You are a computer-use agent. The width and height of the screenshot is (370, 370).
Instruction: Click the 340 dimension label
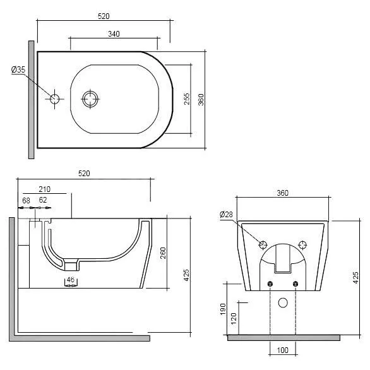click(x=114, y=33)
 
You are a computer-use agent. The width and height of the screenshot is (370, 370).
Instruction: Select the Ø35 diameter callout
click(x=18, y=69)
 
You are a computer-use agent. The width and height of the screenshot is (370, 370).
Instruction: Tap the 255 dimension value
click(x=186, y=99)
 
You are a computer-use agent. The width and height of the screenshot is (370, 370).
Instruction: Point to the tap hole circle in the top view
click(x=54, y=99)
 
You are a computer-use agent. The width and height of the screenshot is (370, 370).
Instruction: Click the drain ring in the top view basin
click(x=90, y=99)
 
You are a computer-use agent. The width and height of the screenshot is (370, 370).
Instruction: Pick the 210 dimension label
click(x=44, y=189)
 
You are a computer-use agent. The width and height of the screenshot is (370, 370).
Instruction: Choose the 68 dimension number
click(x=26, y=201)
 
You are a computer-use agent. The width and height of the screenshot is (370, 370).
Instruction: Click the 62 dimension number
click(x=43, y=200)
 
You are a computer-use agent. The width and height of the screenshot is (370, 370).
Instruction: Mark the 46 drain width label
click(x=71, y=280)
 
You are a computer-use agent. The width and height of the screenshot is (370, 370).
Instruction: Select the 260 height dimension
click(x=163, y=253)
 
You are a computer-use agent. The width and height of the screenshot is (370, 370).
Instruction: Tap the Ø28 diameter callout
click(x=226, y=214)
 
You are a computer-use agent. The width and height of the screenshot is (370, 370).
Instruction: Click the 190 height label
click(x=223, y=309)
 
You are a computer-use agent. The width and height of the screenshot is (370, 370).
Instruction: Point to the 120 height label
click(x=234, y=319)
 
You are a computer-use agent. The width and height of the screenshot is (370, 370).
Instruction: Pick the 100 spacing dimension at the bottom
click(x=282, y=350)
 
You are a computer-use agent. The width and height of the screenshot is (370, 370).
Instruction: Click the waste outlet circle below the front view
click(x=283, y=302)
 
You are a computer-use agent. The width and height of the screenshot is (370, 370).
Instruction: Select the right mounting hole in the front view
click(x=302, y=245)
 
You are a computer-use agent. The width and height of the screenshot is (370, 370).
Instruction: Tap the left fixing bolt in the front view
click(x=270, y=284)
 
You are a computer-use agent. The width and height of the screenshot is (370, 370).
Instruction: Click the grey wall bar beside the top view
click(x=31, y=100)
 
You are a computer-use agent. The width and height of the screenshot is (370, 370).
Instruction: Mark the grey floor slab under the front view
click(x=283, y=338)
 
